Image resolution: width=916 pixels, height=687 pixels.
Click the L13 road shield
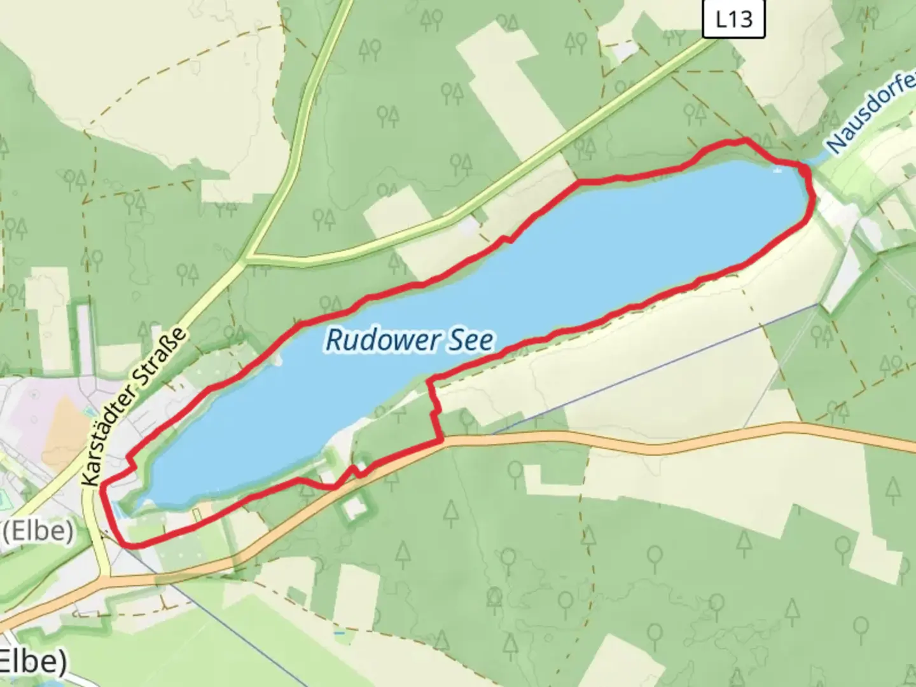point(733,19)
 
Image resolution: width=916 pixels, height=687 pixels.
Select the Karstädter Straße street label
point(135,407)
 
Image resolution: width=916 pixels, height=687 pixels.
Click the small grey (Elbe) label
point(37,531)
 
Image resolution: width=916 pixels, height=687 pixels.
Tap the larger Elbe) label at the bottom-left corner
point(32,662)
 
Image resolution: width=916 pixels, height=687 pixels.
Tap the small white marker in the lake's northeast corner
point(777,170)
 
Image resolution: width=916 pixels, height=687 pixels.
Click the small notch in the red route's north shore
point(506,239)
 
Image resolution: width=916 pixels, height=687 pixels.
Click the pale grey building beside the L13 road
point(470,226)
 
